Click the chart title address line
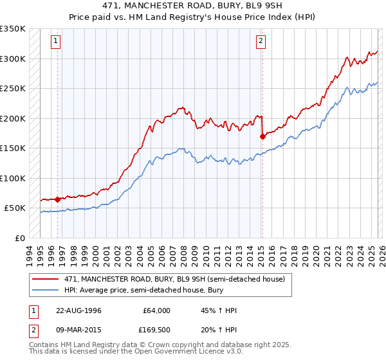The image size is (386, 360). click(192, 5)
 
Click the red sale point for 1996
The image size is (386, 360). click(58, 199)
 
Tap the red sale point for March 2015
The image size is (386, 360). click(262, 136)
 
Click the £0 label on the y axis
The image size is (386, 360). click(21, 238)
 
